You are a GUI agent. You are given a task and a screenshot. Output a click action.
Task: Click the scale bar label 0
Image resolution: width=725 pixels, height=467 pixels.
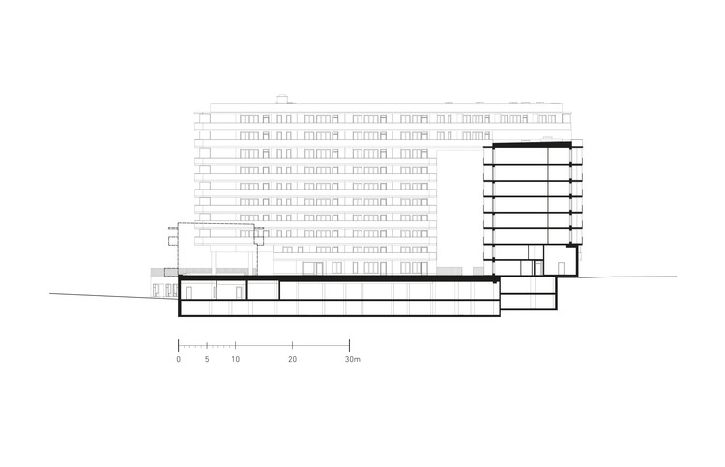179,359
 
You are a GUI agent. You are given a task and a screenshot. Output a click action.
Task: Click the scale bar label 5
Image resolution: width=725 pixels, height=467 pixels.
207,359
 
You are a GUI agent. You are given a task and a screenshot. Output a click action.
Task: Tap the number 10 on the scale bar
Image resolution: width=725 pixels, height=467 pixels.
236,359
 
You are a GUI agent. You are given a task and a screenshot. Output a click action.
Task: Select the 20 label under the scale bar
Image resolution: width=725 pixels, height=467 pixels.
292,359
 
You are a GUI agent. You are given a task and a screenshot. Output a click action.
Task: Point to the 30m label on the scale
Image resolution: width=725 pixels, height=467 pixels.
352,359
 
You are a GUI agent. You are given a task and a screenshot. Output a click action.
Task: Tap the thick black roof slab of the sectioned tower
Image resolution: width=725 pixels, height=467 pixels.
532,144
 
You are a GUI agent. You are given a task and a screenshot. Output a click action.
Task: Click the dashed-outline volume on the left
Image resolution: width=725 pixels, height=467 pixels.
216,246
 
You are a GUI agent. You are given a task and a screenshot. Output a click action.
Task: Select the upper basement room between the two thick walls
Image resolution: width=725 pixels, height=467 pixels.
263,289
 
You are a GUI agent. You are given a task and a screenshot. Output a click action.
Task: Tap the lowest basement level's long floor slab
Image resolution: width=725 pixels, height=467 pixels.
338,316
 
